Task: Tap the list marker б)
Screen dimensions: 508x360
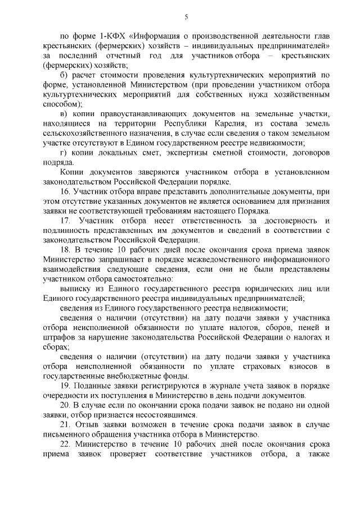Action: point(64,75)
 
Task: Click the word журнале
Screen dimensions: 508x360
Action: point(215,386)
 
